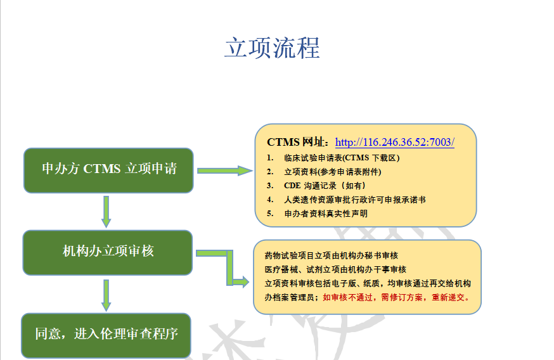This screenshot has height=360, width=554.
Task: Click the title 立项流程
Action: pos(273,48)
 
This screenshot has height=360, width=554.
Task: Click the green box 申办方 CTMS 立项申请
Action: pos(108,170)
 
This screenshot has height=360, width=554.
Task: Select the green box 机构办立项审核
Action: pos(108,253)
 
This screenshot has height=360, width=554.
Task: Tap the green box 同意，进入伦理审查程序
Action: pos(106,335)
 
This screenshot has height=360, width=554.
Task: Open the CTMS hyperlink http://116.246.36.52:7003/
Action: pos(395,142)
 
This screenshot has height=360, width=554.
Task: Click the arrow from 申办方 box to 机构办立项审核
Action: pos(106,212)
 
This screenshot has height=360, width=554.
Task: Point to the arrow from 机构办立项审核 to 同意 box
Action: pos(106,295)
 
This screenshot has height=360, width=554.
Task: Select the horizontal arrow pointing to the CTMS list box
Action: pos(225,170)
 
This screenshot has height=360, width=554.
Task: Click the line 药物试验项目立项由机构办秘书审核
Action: pos(332,255)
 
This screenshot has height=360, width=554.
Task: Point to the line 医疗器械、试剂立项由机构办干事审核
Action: pos(336,269)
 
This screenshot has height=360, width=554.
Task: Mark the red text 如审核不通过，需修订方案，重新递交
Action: pos(396,297)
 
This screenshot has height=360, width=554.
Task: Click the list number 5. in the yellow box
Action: pos(270,214)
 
